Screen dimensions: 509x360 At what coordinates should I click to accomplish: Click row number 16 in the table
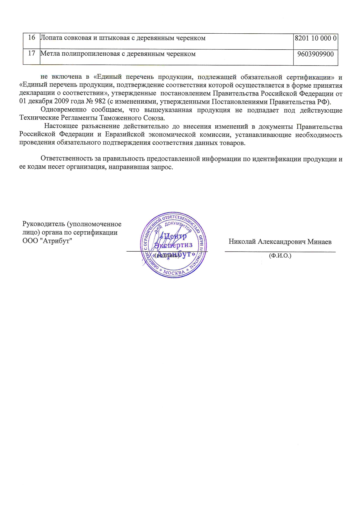coord(32,37)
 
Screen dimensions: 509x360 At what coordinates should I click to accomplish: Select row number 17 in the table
coord(32,53)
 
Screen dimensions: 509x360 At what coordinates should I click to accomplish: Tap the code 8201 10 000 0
coord(316,38)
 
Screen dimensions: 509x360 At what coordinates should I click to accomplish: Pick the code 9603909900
coord(316,54)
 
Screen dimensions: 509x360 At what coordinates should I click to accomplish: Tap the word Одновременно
coord(63,110)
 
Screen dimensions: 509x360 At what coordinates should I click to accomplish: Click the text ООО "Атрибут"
coord(47,241)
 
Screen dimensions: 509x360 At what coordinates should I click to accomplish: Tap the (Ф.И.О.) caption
coord(280,255)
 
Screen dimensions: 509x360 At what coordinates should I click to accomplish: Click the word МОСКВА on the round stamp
coord(174,272)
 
